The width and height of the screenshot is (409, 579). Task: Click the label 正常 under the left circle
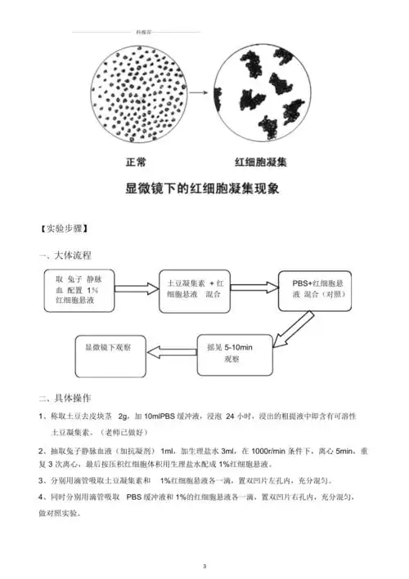(135, 162)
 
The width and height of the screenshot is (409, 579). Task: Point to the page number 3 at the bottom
(204, 565)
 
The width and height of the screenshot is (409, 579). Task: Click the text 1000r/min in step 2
(269, 450)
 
